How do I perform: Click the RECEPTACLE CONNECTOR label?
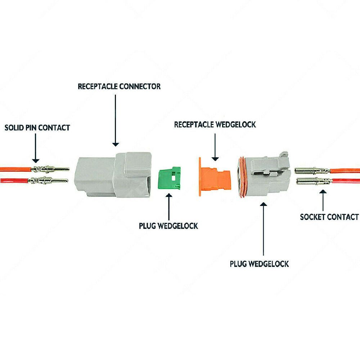[x=119, y=86]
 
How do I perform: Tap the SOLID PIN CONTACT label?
[x=37, y=127]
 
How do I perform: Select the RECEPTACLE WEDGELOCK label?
[x=215, y=125]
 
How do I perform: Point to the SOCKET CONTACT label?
[x=329, y=217]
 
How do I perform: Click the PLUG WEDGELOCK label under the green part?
[x=168, y=226]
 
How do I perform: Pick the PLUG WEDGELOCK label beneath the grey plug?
[x=259, y=264]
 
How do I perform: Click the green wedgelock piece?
[x=169, y=178]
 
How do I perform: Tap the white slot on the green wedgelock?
[x=173, y=177]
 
